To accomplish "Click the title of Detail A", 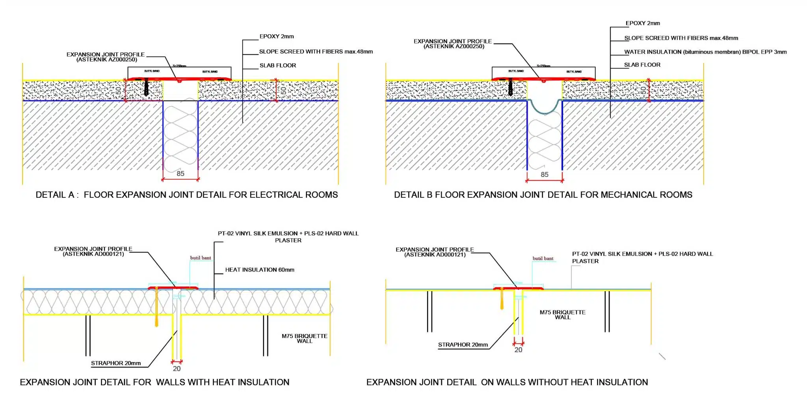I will (x=186, y=195).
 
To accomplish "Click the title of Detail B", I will (x=543, y=195).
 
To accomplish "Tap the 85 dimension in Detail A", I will (x=180, y=173).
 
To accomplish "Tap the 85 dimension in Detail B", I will (x=545, y=175).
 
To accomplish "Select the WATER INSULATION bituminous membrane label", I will (x=705, y=52).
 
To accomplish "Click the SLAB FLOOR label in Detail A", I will (x=277, y=65).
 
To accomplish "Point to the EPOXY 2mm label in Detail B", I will (x=642, y=23).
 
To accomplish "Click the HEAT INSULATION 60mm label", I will (x=259, y=270).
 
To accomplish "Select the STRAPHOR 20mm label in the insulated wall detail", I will (x=116, y=363).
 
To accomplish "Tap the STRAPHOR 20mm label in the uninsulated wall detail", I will (x=463, y=345).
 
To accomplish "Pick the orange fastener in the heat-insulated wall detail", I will (x=156, y=307).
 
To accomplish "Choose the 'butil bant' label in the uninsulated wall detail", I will (x=543, y=258).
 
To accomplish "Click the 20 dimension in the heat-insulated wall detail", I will (x=177, y=369).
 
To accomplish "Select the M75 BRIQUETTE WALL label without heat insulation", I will (x=562, y=315).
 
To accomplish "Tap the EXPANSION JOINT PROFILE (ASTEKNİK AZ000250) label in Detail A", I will (x=106, y=57).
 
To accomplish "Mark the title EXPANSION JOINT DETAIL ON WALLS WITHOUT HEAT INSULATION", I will (x=507, y=382).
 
